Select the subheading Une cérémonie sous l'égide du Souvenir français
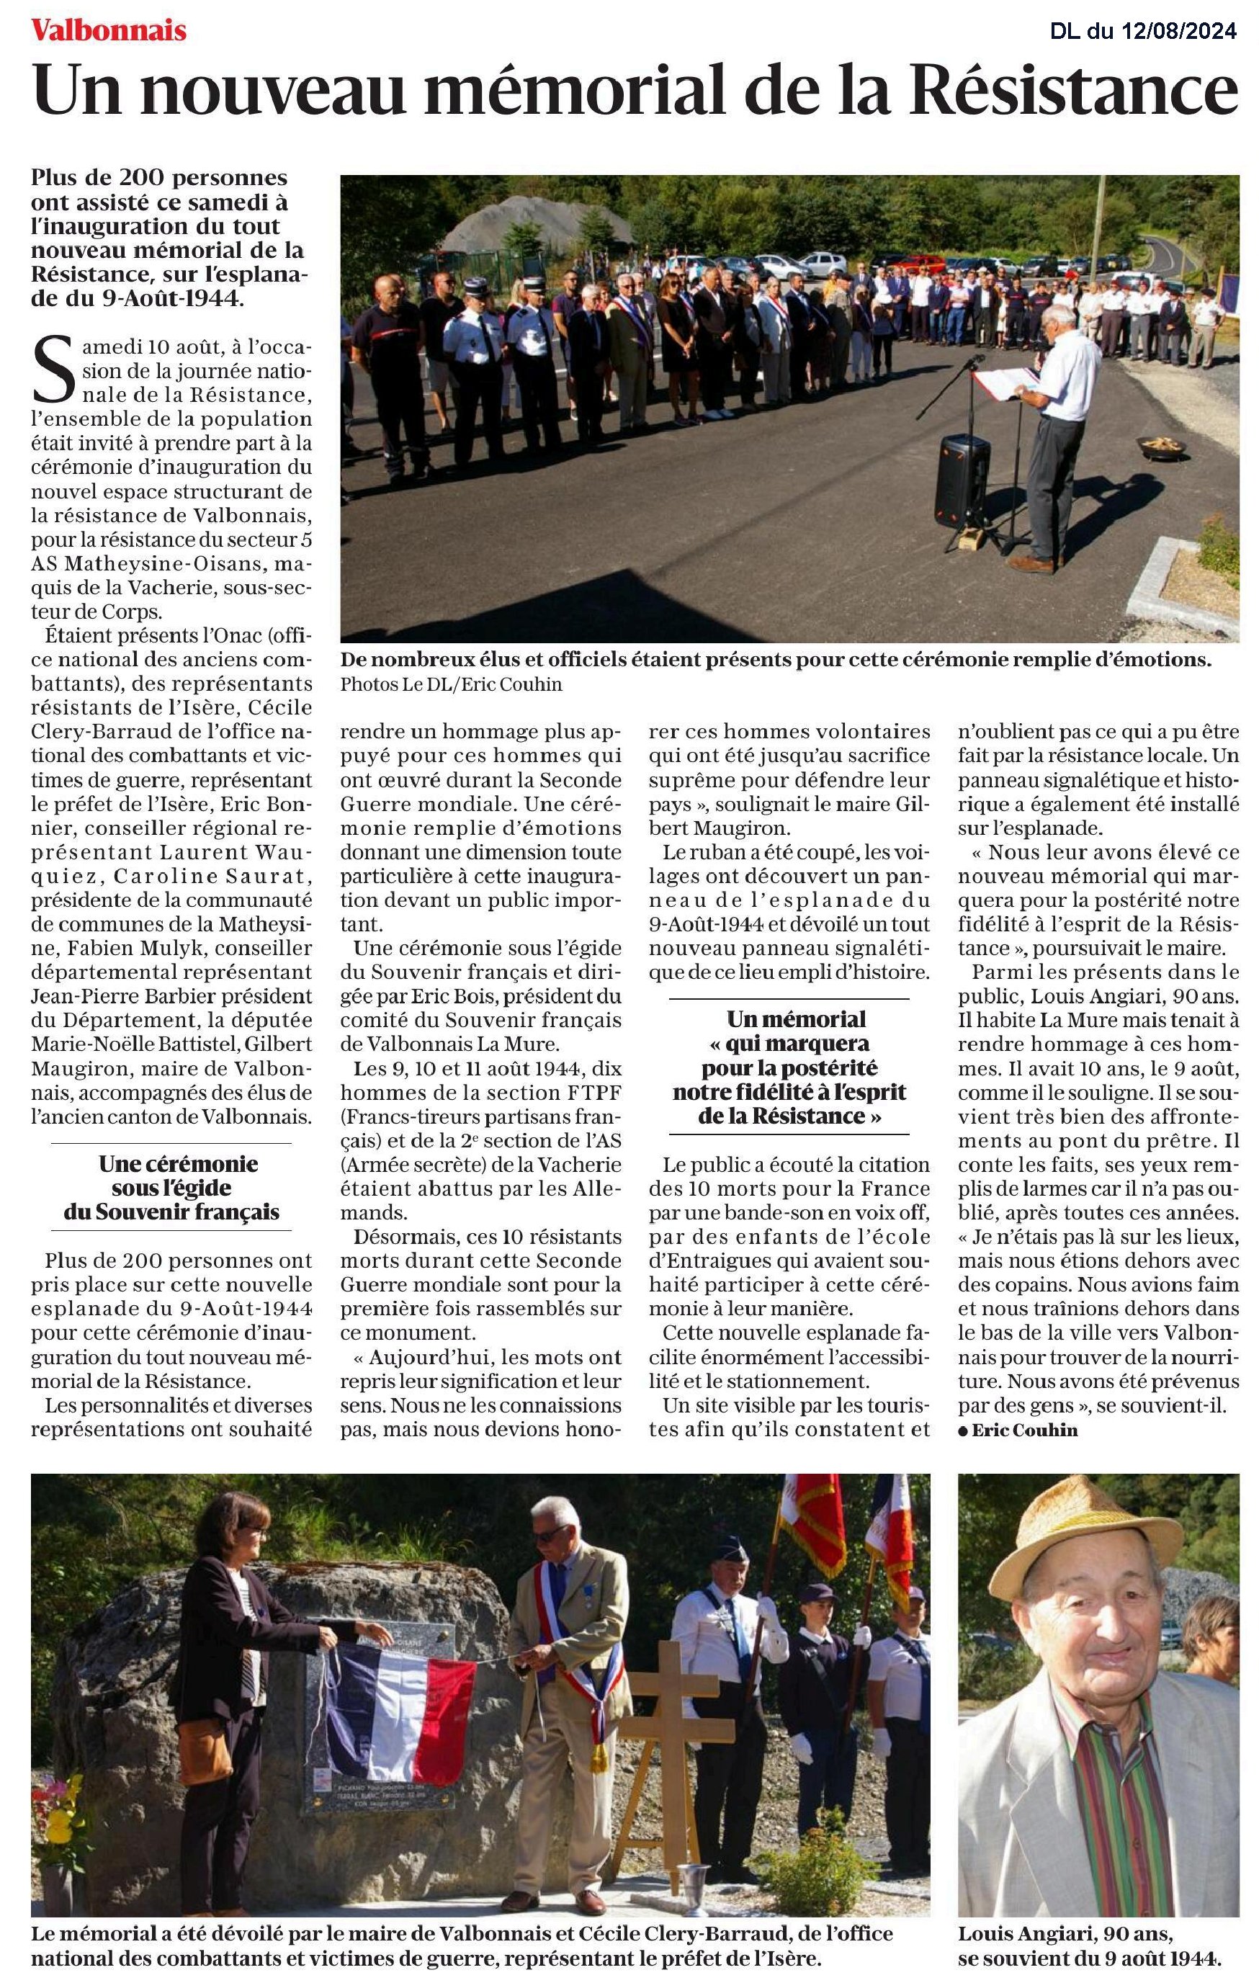coord(171,1187)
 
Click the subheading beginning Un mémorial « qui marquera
coord(789,1067)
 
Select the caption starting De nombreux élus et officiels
coord(776,660)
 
